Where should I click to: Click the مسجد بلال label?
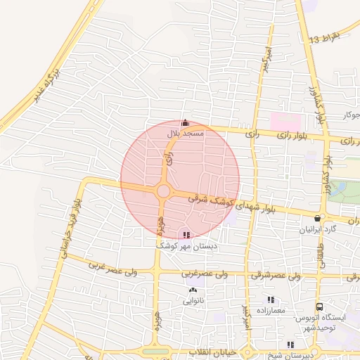[x=185, y=133]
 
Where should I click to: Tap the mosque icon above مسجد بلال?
[x=185, y=123]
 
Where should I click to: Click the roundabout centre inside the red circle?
[x=163, y=191]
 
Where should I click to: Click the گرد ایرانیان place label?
[x=319, y=230]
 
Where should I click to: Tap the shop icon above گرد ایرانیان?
[x=319, y=219]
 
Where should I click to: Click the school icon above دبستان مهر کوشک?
[x=186, y=236]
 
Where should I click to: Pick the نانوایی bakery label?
[x=193, y=301]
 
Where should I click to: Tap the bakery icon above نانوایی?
[x=193, y=290]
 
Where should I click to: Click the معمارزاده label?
[x=269, y=310]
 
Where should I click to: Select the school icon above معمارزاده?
[x=269, y=300]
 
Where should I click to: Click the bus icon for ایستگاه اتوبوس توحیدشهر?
[x=320, y=307]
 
